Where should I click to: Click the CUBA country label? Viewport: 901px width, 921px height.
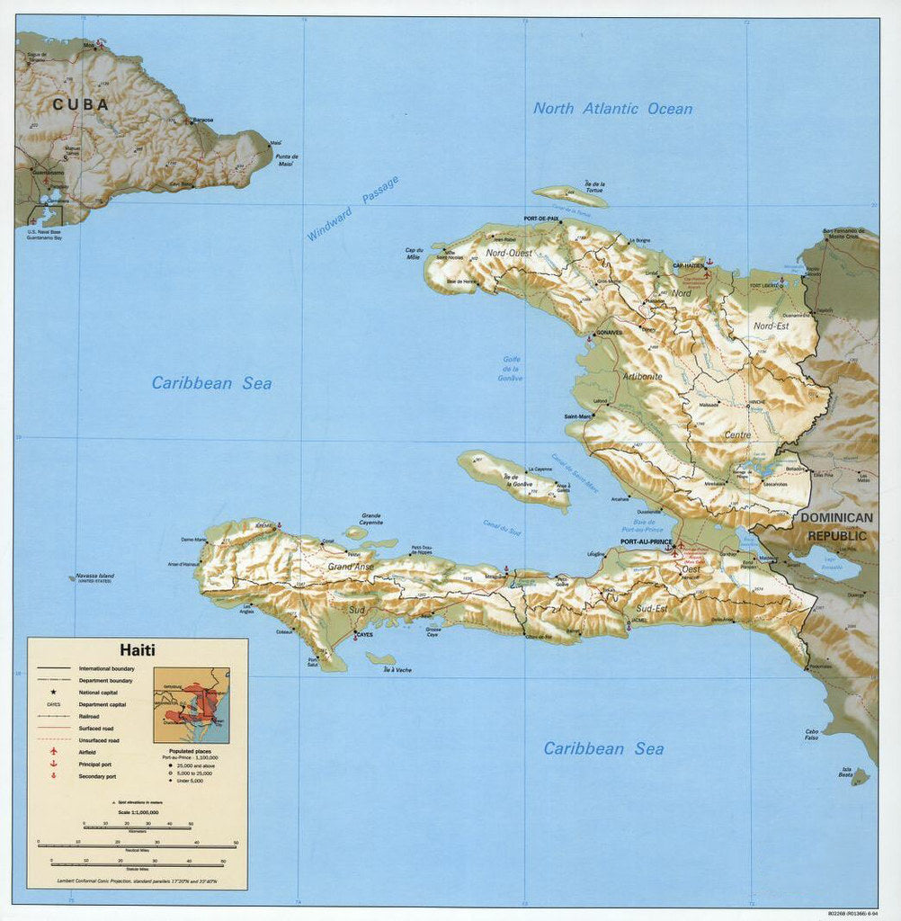coord(80,104)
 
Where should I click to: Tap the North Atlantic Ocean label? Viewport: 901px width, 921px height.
coord(612,109)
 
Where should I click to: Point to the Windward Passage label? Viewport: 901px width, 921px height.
coord(352,208)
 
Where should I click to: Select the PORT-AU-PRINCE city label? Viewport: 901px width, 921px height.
coord(647,542)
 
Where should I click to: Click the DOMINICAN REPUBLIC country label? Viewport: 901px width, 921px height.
coord(836,527)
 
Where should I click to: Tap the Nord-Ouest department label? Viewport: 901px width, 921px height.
coord(509,254)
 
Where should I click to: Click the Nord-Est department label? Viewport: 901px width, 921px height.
coord(771,326)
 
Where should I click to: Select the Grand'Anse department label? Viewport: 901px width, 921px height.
coord(350,567)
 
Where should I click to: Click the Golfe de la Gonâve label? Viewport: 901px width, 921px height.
coord(511,369)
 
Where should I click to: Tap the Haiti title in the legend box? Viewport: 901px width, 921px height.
coord(138,649)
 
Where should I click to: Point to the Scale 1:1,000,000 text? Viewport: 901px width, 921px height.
coord(137,812)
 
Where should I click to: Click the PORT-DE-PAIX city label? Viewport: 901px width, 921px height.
coord(543,219)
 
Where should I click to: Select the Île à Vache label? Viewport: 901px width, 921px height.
coord(396,670)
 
